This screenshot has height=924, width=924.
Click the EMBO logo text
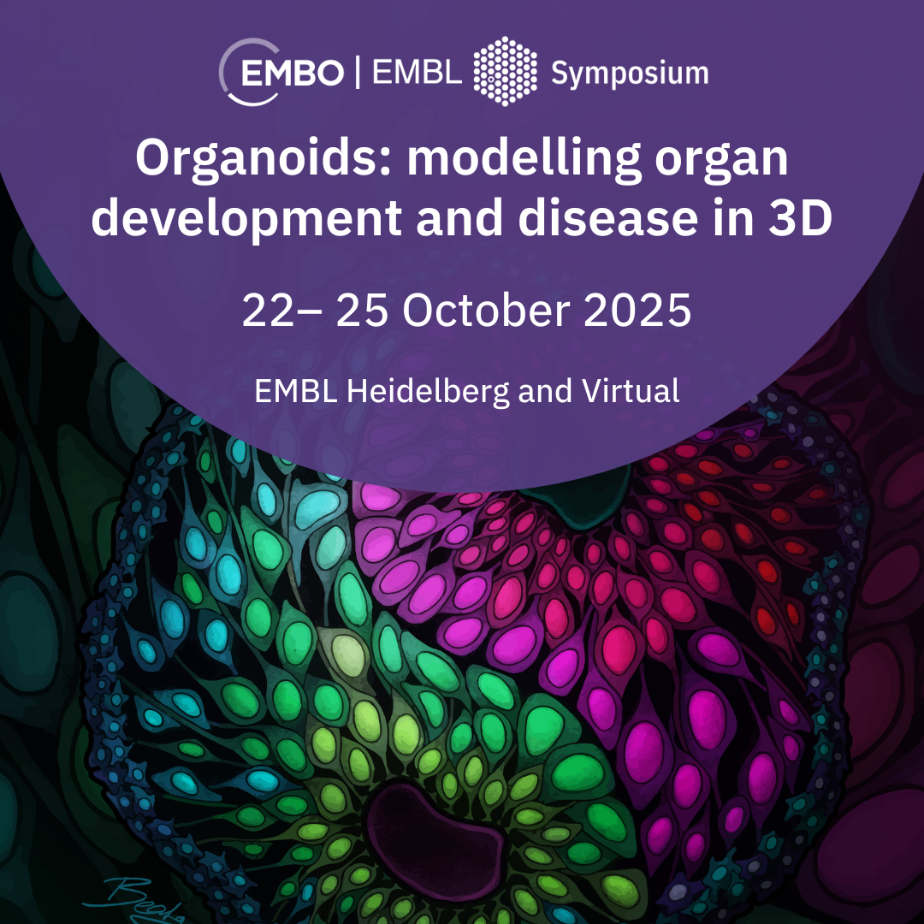(293, 74)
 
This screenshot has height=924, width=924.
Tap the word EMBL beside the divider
(418, 73)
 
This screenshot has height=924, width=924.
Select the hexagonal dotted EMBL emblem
(505, 71)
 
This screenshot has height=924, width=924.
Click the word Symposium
(630, 74)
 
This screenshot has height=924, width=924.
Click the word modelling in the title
(524, 158)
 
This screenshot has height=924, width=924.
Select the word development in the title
(247, 218)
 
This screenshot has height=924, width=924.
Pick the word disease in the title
(608, 218)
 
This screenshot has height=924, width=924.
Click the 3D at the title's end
(800, 218)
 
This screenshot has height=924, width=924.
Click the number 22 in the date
(268, 311)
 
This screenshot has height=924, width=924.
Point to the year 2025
(637, 311)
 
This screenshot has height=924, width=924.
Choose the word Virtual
(631, 391)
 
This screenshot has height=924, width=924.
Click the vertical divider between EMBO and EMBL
(358, 73)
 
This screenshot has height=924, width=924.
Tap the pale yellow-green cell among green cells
(348, 654)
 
